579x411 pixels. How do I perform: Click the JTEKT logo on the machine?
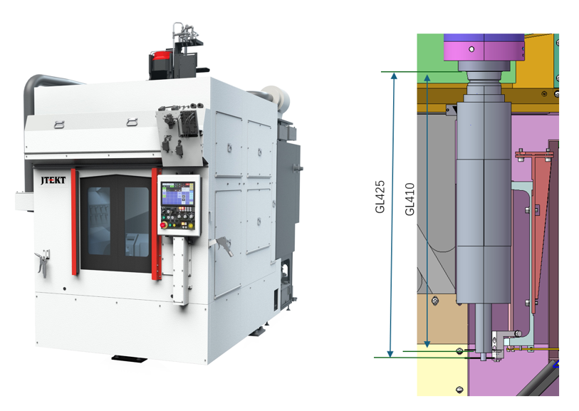click(53, 180)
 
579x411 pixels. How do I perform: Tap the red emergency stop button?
click(164, 224)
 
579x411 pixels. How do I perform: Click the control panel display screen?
click(178, 194)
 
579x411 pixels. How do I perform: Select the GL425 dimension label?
click(380, 197)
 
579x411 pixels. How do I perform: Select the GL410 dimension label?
click(410, 199)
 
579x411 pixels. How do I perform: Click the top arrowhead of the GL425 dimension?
click(394, 76)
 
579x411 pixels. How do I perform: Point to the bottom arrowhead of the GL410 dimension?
click(427, 344)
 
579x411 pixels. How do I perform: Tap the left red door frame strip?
click(74, 222)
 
